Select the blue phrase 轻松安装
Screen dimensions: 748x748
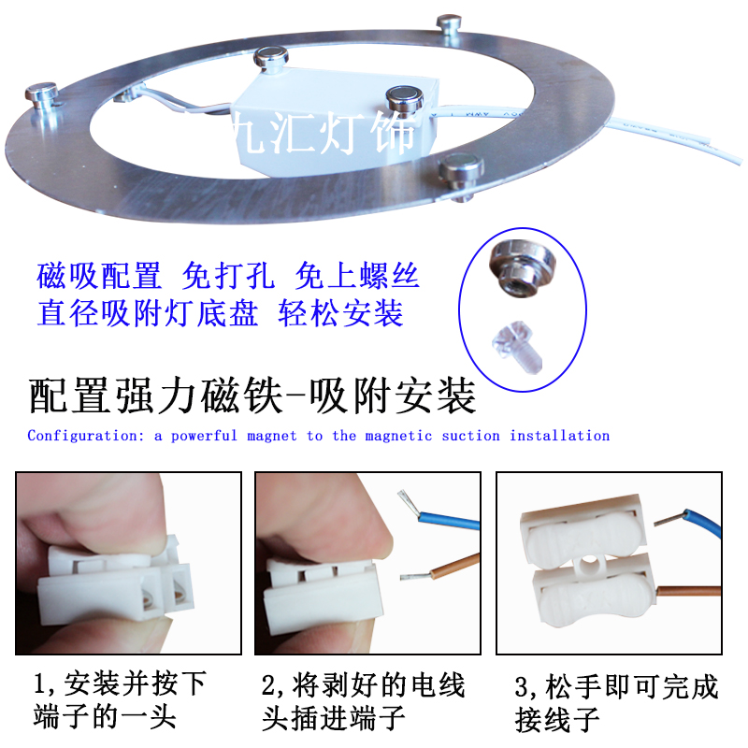(341, 313)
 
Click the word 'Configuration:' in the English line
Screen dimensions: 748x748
(85, 436)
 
